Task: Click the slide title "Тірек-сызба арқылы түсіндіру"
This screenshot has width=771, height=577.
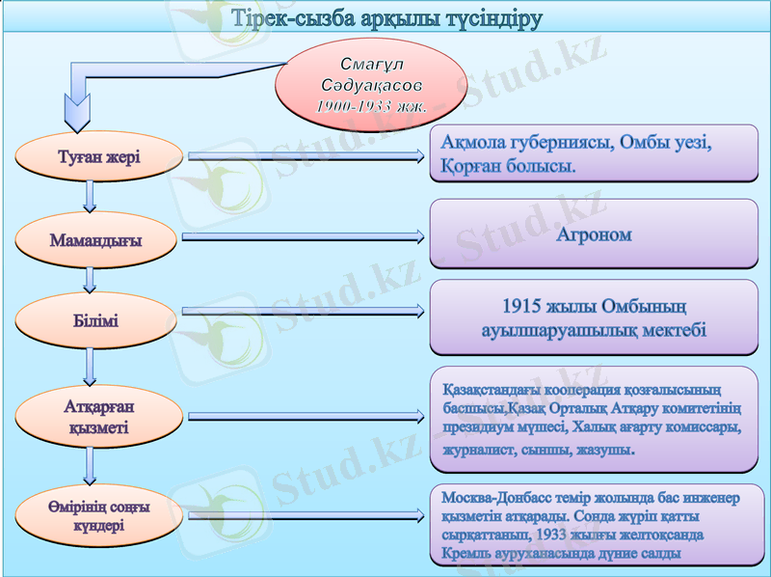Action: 385,19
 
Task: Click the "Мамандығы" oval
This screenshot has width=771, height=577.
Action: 95,239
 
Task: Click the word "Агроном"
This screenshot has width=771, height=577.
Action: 594,234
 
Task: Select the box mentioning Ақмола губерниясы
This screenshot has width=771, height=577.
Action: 594,154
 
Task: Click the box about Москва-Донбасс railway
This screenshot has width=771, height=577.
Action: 594,526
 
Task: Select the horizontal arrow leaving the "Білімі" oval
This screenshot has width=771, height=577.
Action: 302,311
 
